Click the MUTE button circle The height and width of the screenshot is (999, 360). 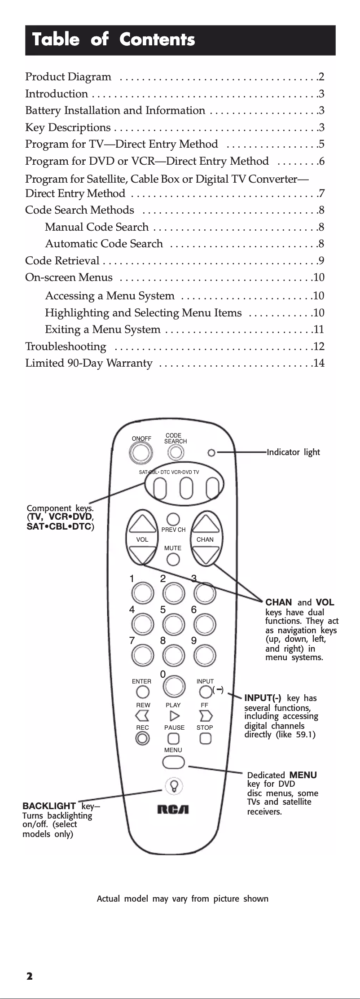[x=173, y=560]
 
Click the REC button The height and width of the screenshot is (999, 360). [x=142, y=738]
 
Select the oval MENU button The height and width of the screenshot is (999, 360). [x=174, y=762]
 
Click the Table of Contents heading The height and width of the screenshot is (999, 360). [x=114, y=39]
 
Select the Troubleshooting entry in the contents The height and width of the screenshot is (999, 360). [x=66, y=346]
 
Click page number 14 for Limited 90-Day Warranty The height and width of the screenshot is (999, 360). [x=319, y=363]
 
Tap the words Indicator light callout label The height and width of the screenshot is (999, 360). [x=294, y=452]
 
